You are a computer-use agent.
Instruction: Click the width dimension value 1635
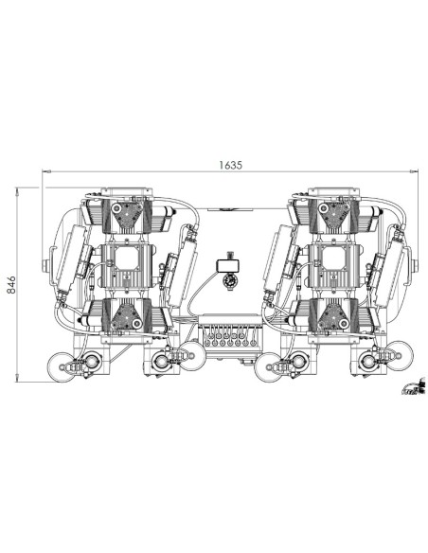[230, 164]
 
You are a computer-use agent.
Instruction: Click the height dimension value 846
[12, 285]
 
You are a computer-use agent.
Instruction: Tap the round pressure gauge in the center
[228, 279]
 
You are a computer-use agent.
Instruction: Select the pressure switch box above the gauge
[228, 259]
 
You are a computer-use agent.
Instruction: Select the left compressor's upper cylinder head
[126, 216]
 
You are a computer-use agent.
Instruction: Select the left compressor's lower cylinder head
[126, 316]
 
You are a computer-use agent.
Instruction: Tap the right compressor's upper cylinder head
[332, 216]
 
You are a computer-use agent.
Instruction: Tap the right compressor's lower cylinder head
[332, 316]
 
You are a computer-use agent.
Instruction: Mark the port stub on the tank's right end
[415, 263]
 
